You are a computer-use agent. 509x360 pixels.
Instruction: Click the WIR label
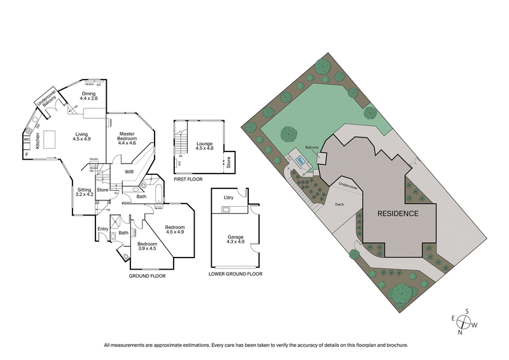point(128,171)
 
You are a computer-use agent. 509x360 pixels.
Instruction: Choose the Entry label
point(103,229)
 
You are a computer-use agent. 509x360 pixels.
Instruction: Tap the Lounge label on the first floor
point(204,146)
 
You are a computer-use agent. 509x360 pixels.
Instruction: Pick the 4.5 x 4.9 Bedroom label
point(174,230)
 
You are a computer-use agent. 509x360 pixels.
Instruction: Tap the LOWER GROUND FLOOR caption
point(235,274)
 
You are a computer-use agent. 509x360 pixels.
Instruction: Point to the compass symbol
point(467,322)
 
